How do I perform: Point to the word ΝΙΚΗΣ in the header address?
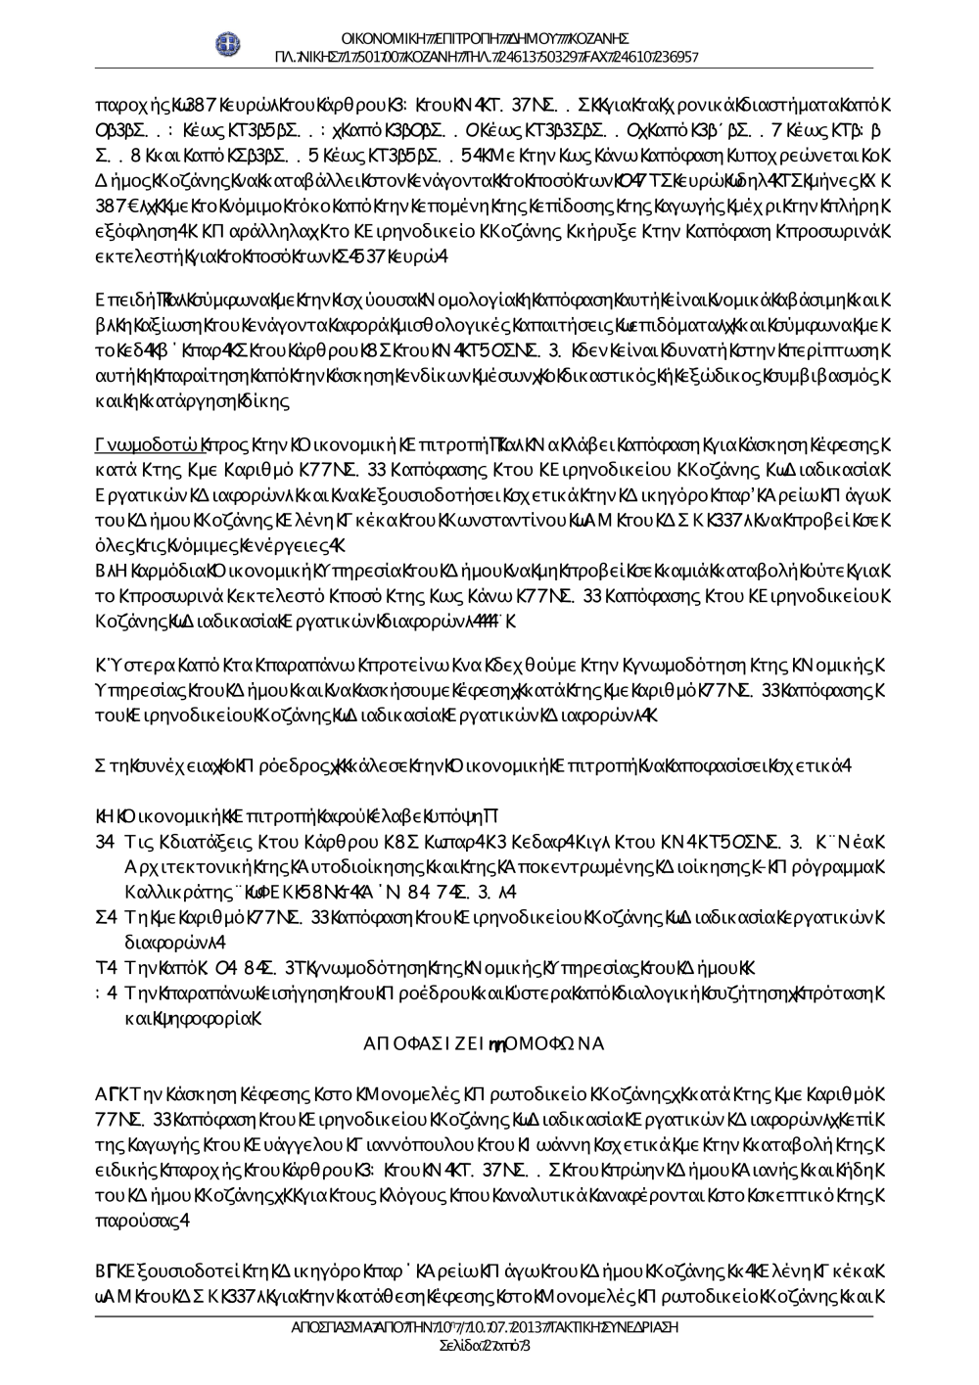317,57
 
